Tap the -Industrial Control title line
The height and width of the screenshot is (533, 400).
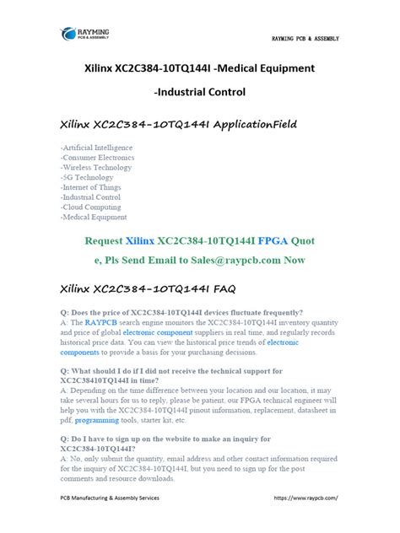199,91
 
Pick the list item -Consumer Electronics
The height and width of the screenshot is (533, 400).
95,158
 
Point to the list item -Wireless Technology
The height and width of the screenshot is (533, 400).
95,168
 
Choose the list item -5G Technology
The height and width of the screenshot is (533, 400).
86,177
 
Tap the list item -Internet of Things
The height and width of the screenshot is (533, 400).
90,187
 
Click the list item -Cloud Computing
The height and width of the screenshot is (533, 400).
90,207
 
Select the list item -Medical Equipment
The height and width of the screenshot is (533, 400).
93,217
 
